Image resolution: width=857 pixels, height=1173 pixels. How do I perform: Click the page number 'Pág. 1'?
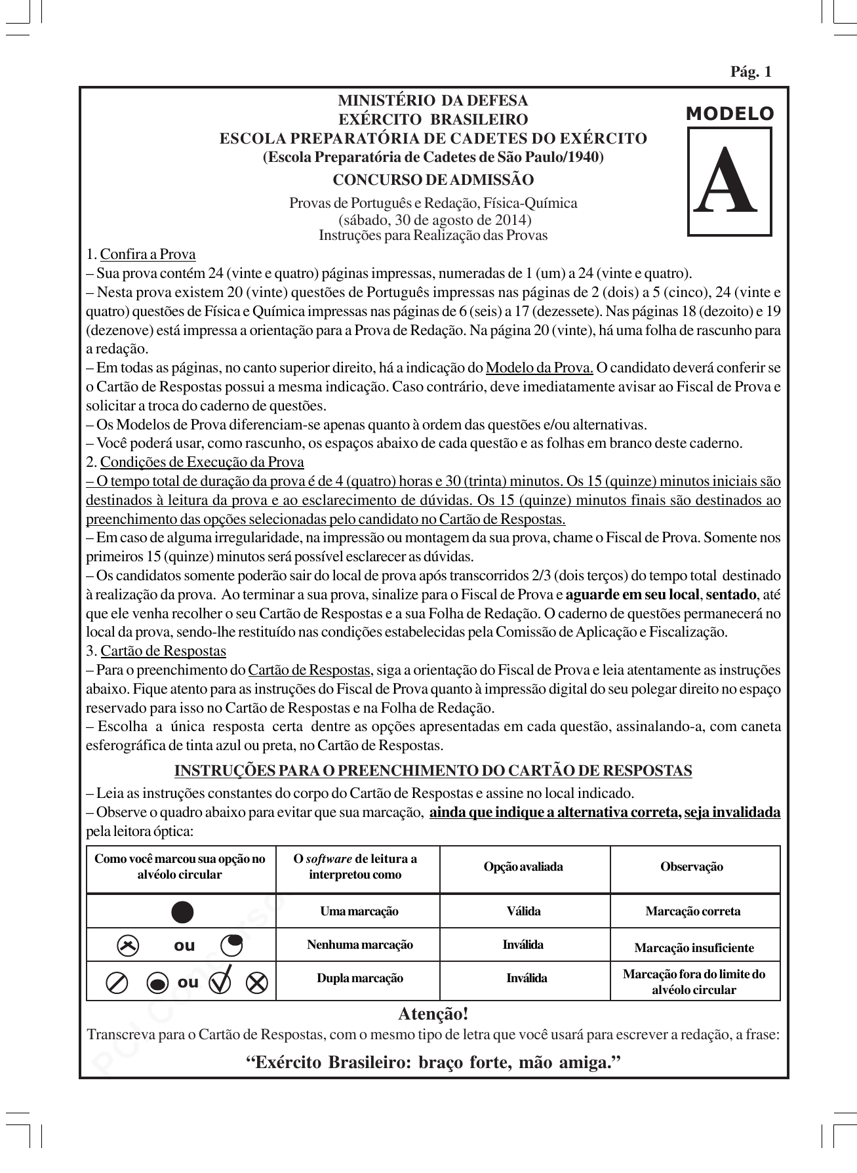point(751,72)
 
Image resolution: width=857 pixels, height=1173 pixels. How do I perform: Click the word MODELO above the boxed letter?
point(729,114)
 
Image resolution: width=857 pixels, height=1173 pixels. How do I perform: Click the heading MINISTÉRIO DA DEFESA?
point(432,101)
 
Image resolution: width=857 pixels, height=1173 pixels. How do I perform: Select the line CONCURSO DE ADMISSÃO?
point(433,180)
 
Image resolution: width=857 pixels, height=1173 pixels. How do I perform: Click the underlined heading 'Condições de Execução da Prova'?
point(202,462)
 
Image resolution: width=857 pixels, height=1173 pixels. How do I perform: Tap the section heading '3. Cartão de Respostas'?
point(156,651)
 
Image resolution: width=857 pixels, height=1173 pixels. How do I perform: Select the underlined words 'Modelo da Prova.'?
point(539,367)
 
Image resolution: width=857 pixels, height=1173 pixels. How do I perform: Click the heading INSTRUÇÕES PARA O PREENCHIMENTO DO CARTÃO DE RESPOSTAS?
point(433,770)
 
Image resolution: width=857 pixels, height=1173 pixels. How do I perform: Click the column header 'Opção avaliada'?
point(523,867)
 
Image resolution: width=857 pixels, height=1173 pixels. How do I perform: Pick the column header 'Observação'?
point(692,867)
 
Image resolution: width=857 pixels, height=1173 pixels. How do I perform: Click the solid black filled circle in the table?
point(182,912)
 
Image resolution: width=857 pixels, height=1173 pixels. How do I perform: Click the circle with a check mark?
point(222,982)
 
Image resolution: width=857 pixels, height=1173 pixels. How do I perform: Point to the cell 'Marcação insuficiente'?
point(694,948)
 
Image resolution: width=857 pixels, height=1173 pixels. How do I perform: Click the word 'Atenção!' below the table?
point(433,1014)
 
